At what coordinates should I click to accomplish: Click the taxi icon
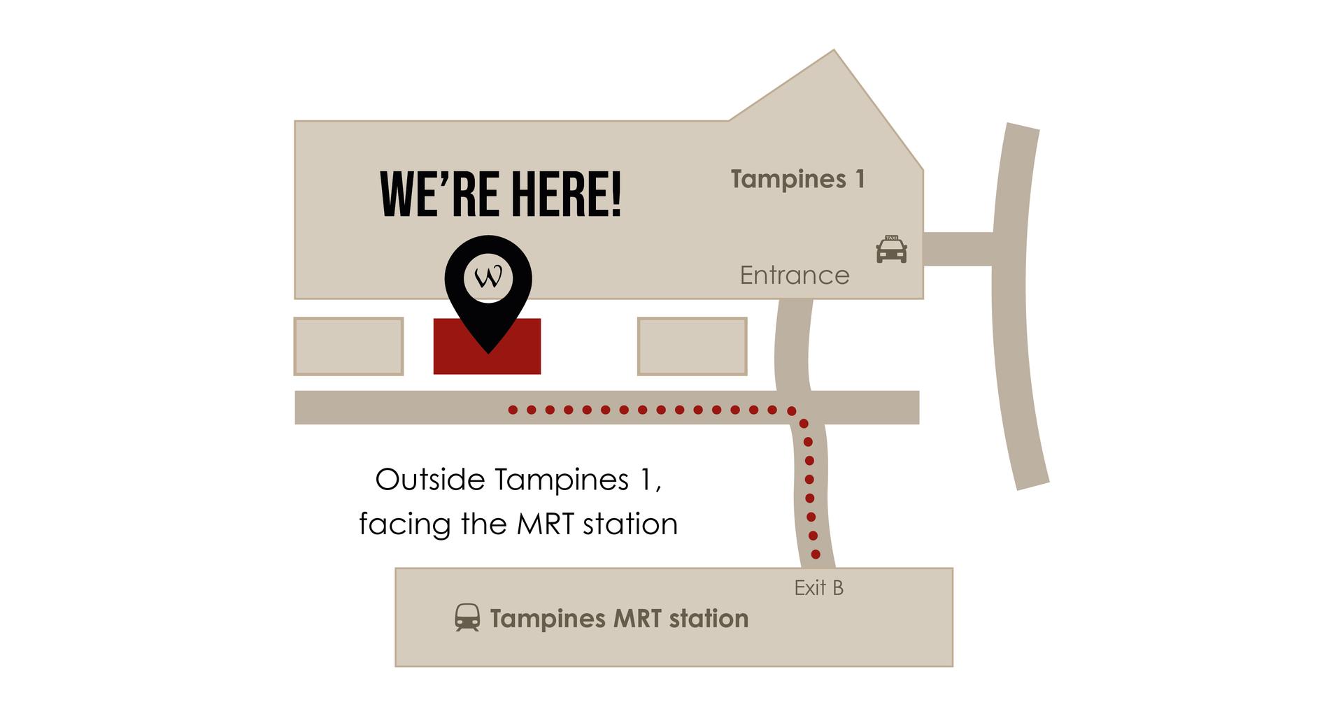[891, 249]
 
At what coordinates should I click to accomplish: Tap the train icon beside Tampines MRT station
[467, 618]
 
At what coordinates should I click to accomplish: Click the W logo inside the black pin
[488, 278]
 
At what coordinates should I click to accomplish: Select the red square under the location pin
[487, 346]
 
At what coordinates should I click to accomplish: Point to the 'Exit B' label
[818, 588]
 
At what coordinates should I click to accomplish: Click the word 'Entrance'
[795, 275]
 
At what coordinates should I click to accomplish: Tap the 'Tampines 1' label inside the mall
[798, 180]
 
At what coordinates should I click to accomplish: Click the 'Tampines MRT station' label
[619, 619]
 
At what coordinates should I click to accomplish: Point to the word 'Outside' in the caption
[430, 480]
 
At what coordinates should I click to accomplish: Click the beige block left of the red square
[348, 346]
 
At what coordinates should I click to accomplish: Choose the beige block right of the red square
[692, 346]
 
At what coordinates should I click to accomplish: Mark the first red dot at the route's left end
[513, 410]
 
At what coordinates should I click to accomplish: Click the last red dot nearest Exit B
[816, 554]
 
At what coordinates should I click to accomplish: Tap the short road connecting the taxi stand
[958, 249]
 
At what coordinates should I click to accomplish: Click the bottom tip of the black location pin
[488, 353]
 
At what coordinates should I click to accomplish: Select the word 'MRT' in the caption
[546, 524]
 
